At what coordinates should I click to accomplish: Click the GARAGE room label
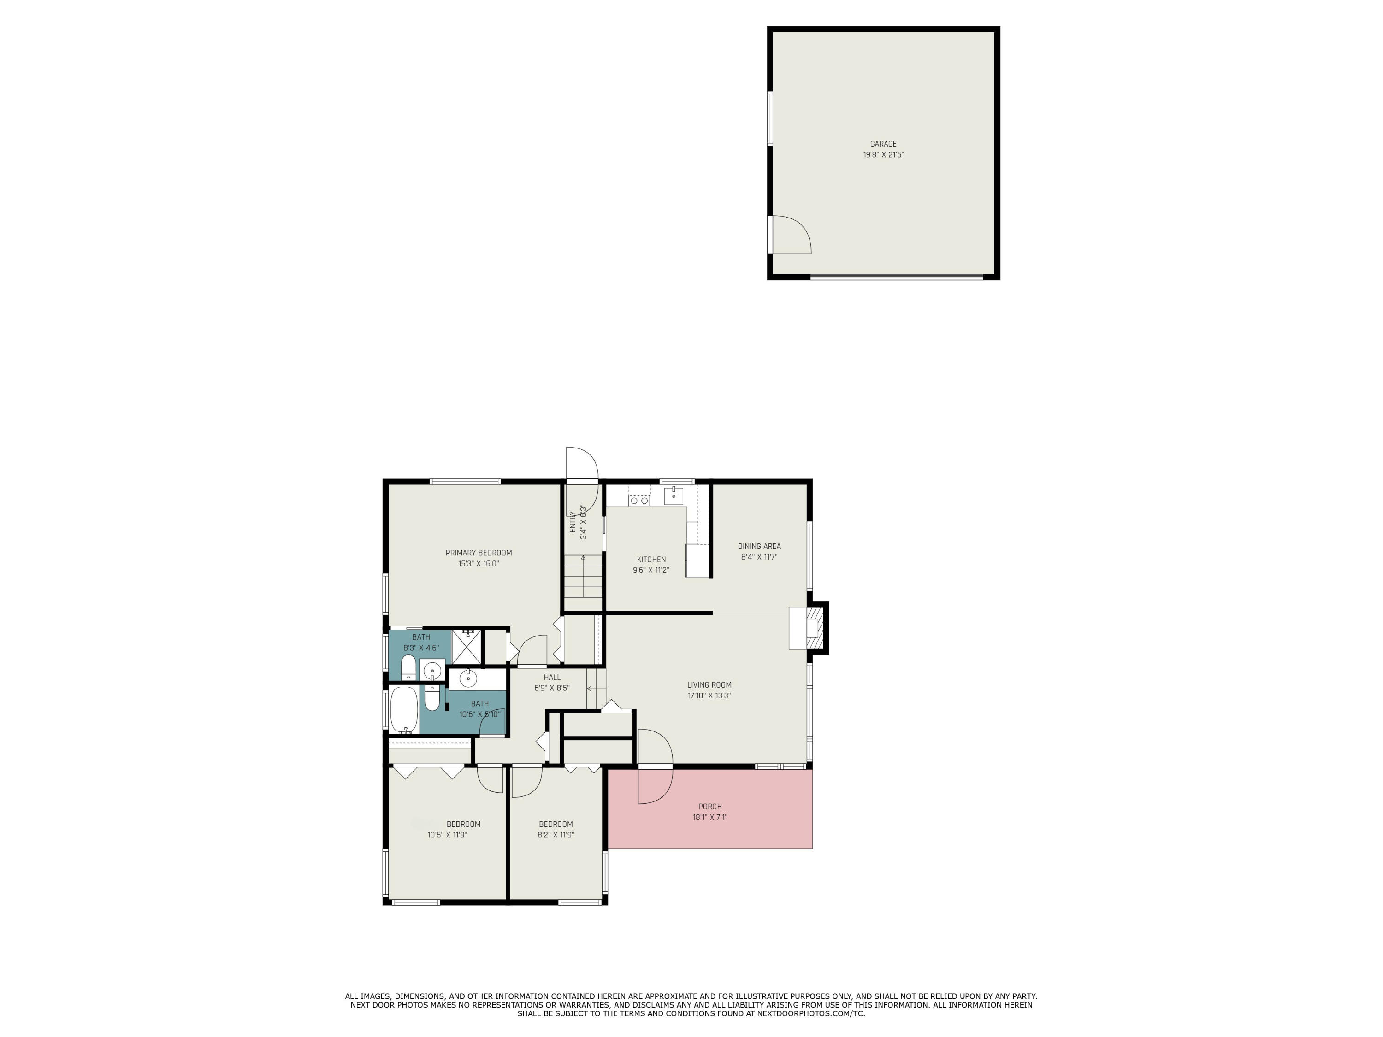[x=883, y=144]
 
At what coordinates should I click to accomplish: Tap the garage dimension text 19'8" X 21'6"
[x=883, y=155]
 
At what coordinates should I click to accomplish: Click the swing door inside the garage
[x=792, y=235]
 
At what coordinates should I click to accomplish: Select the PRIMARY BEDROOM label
[x=479, y=553]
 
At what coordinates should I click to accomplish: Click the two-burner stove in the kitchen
[x=639, y=500]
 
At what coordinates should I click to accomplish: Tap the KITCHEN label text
[x=651, y=560]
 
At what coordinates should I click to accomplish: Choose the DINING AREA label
[x=759, y=546]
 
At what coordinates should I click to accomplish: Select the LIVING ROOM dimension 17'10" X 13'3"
[x=709, y=695]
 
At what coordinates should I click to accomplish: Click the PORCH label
[x=709, y=807]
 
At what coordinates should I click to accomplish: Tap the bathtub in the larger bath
[x=404, y=709]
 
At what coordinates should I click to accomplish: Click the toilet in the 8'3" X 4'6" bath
[x=408, y=667]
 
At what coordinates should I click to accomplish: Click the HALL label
[x=552, y=677]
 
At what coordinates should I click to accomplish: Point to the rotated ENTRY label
[x=572, y=522]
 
